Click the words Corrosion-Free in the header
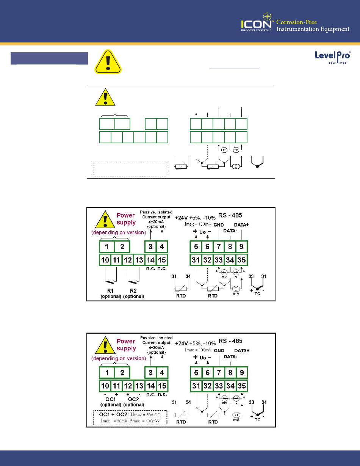pos(297,22)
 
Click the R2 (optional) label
pos(134,293)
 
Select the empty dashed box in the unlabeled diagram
pos(130,169)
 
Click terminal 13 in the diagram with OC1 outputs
pos(139,386)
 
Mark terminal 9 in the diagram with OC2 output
pos(242,373)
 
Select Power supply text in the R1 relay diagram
pos(126,219)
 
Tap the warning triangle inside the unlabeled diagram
pos(105,97)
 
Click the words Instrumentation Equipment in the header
pos(313,30)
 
